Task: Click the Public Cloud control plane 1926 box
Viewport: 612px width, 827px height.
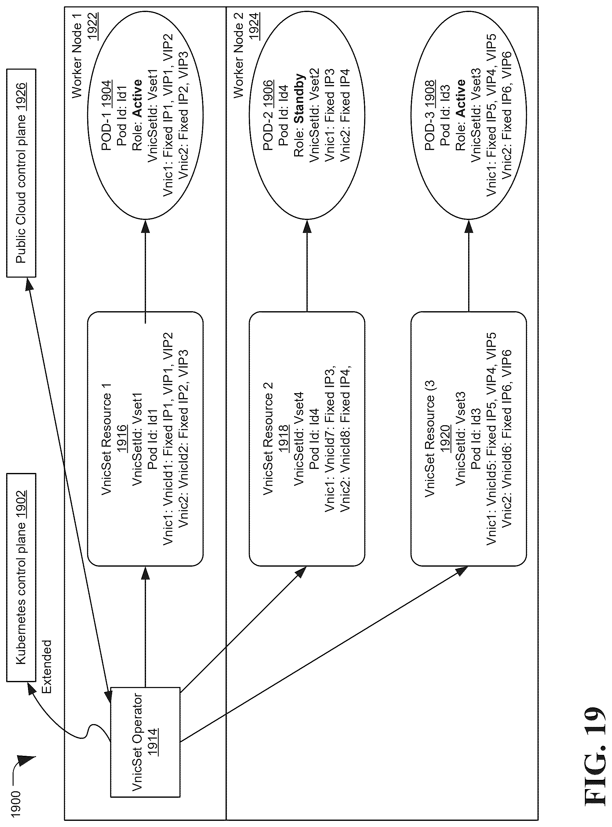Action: [x=21, y=173]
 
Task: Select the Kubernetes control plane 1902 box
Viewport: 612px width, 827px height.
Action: [x=21, y=577]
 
